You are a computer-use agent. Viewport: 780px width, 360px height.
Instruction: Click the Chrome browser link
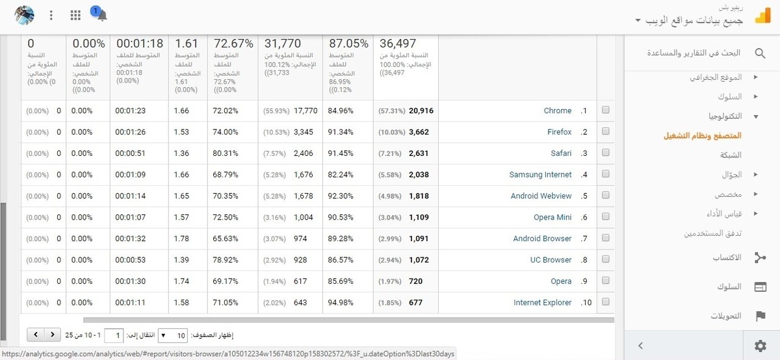click(x=557, y=111)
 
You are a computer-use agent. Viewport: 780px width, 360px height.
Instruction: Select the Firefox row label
click(x=559, y=133)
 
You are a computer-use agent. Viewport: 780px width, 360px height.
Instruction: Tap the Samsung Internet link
click(x=540, y=175)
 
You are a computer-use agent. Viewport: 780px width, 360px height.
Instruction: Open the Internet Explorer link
click(x=542, y=303)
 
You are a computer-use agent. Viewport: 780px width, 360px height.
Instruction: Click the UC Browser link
click(x=551, y=260)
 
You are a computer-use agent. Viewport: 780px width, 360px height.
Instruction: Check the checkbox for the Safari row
click(x=606, y=153)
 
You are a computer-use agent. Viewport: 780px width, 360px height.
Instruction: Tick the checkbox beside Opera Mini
click(x=606, y=217)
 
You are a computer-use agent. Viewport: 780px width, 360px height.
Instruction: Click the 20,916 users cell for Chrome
click(x=421, y=111)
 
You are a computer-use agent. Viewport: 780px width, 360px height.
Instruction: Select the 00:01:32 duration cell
click(x=130, y=238)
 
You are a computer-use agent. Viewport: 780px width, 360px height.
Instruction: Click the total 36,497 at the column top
click(x=397, y=44)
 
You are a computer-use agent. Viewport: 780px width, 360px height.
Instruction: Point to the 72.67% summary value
click(x=233, y=44)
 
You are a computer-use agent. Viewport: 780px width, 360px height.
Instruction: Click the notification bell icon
click(x=101, y=15)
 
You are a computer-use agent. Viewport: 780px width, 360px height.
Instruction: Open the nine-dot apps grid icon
click(x=75, y=15)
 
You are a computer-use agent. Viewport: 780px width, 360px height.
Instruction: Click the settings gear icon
click(x=760, y=346)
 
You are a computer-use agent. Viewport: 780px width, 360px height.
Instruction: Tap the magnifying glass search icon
click(x=760, y=53)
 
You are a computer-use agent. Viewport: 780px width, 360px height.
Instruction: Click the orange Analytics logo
click(x=762, y=16)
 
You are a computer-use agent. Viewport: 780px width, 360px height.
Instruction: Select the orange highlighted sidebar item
click(x=702, y=136)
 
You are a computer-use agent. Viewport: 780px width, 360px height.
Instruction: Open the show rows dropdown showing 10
click(x=172, y=335)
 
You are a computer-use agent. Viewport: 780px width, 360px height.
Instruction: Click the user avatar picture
click(x=24, y=15)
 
